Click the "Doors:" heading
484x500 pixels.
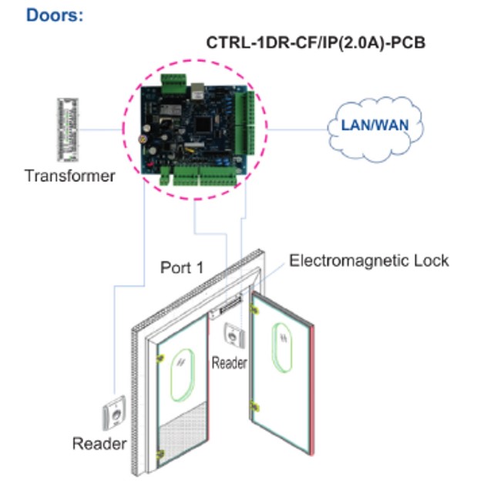point(55,15)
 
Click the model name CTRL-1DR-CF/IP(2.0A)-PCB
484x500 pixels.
point(316,42)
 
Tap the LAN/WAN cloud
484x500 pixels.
point(375,129)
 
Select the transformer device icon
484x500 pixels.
point(68,129)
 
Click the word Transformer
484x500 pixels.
point(70,176)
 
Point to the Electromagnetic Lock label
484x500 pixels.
point(369,260)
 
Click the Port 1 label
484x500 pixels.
point(182,267)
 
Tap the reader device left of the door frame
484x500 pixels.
point(114,413)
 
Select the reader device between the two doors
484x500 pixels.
point(234,335)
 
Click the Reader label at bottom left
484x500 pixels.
point(99,444)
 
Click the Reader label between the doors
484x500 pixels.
point(230,363)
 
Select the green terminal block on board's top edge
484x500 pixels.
point(173,83)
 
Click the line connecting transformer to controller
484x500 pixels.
point(100,129)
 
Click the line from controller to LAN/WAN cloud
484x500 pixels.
point(298,129)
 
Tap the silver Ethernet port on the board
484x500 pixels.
point(198,92)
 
